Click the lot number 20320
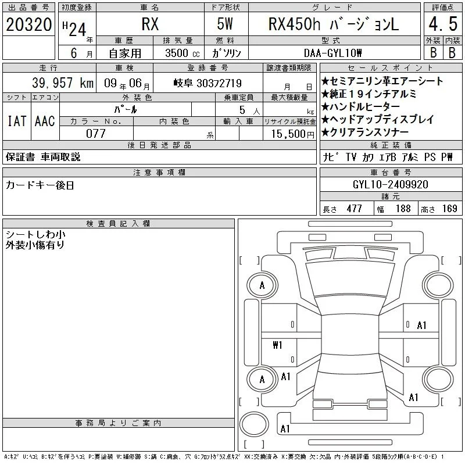point(28,24)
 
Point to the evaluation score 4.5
point(443,24)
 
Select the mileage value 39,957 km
point(63,83)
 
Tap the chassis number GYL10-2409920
point(391,184)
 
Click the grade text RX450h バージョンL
point(334,24)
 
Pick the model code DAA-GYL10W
point(332,53)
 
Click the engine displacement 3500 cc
point(183,53)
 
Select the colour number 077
point(96,134)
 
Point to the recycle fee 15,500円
point(293,134)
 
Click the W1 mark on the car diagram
point(277,345)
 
